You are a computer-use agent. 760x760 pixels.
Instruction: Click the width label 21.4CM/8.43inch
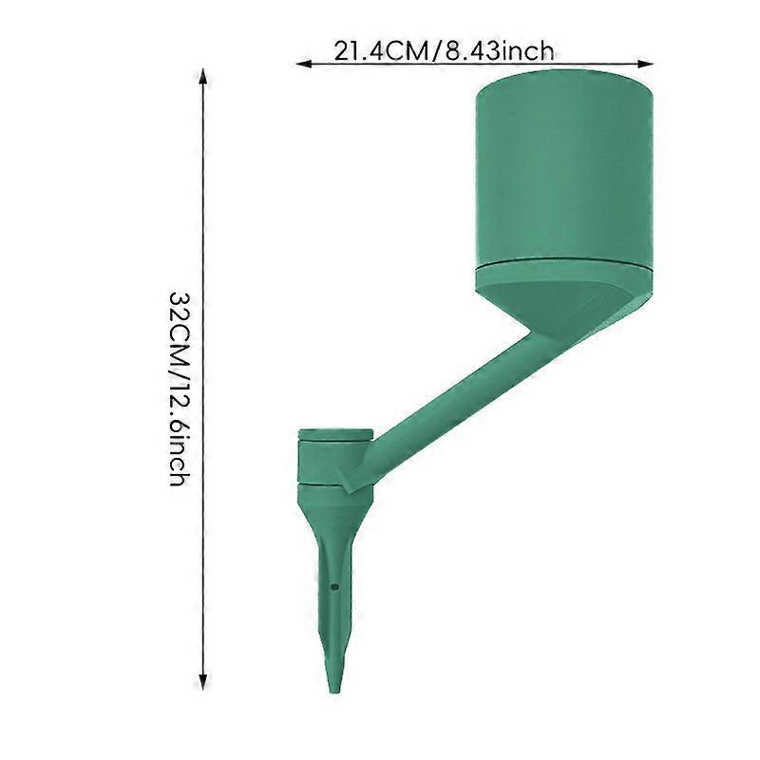tap(444, 51)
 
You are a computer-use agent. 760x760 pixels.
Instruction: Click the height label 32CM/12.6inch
tap(178, 389)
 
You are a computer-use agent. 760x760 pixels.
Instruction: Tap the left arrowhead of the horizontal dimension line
tap(304, 64)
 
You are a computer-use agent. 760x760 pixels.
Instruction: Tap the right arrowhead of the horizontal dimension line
tap(646, 64)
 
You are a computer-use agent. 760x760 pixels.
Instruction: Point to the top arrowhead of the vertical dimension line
tap(203, 77)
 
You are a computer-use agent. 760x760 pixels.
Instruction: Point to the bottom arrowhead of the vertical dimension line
tap(203, 682)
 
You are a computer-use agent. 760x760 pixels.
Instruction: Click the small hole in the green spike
tap(334, 587)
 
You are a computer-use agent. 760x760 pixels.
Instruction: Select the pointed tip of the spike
tap(334, 691)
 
